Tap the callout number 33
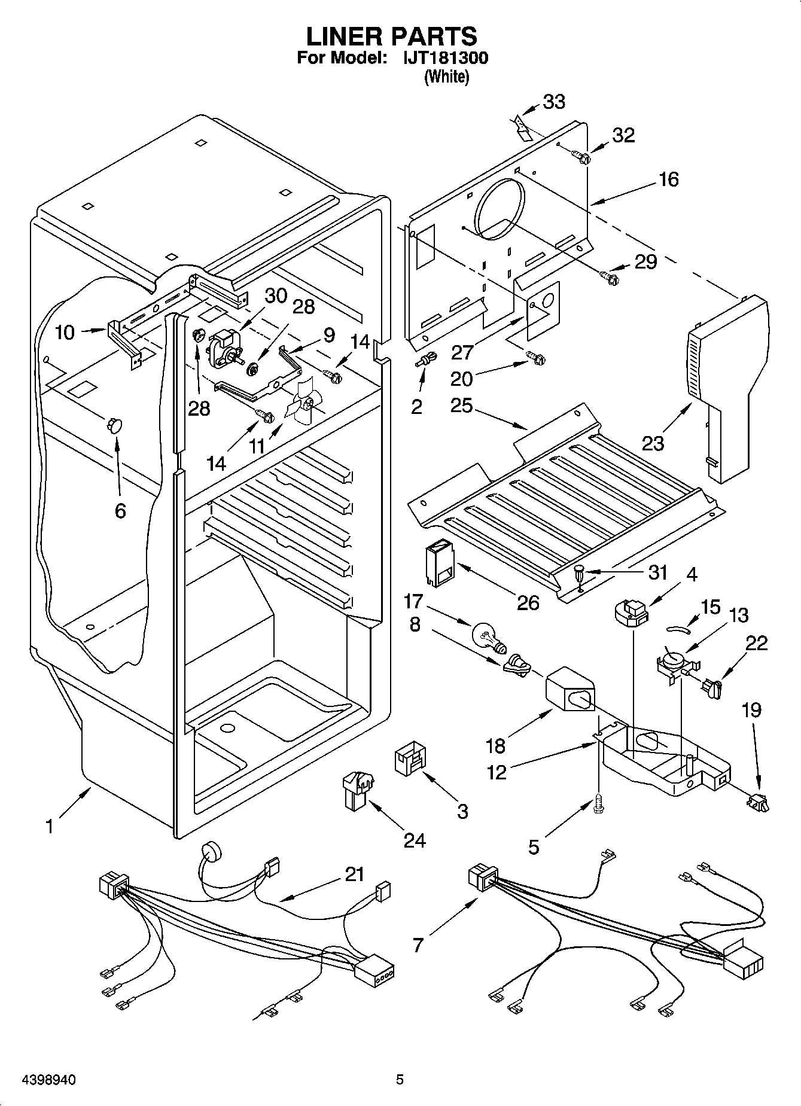pyautogui.click(x=554, y=102)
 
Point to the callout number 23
pyautogui.click(x=653, y=443)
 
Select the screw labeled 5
pyautogui.click(x=599, y=805)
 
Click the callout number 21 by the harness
pyautogui.click(x=355, y=874)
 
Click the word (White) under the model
pyautogui.click(x=446, y=77)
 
